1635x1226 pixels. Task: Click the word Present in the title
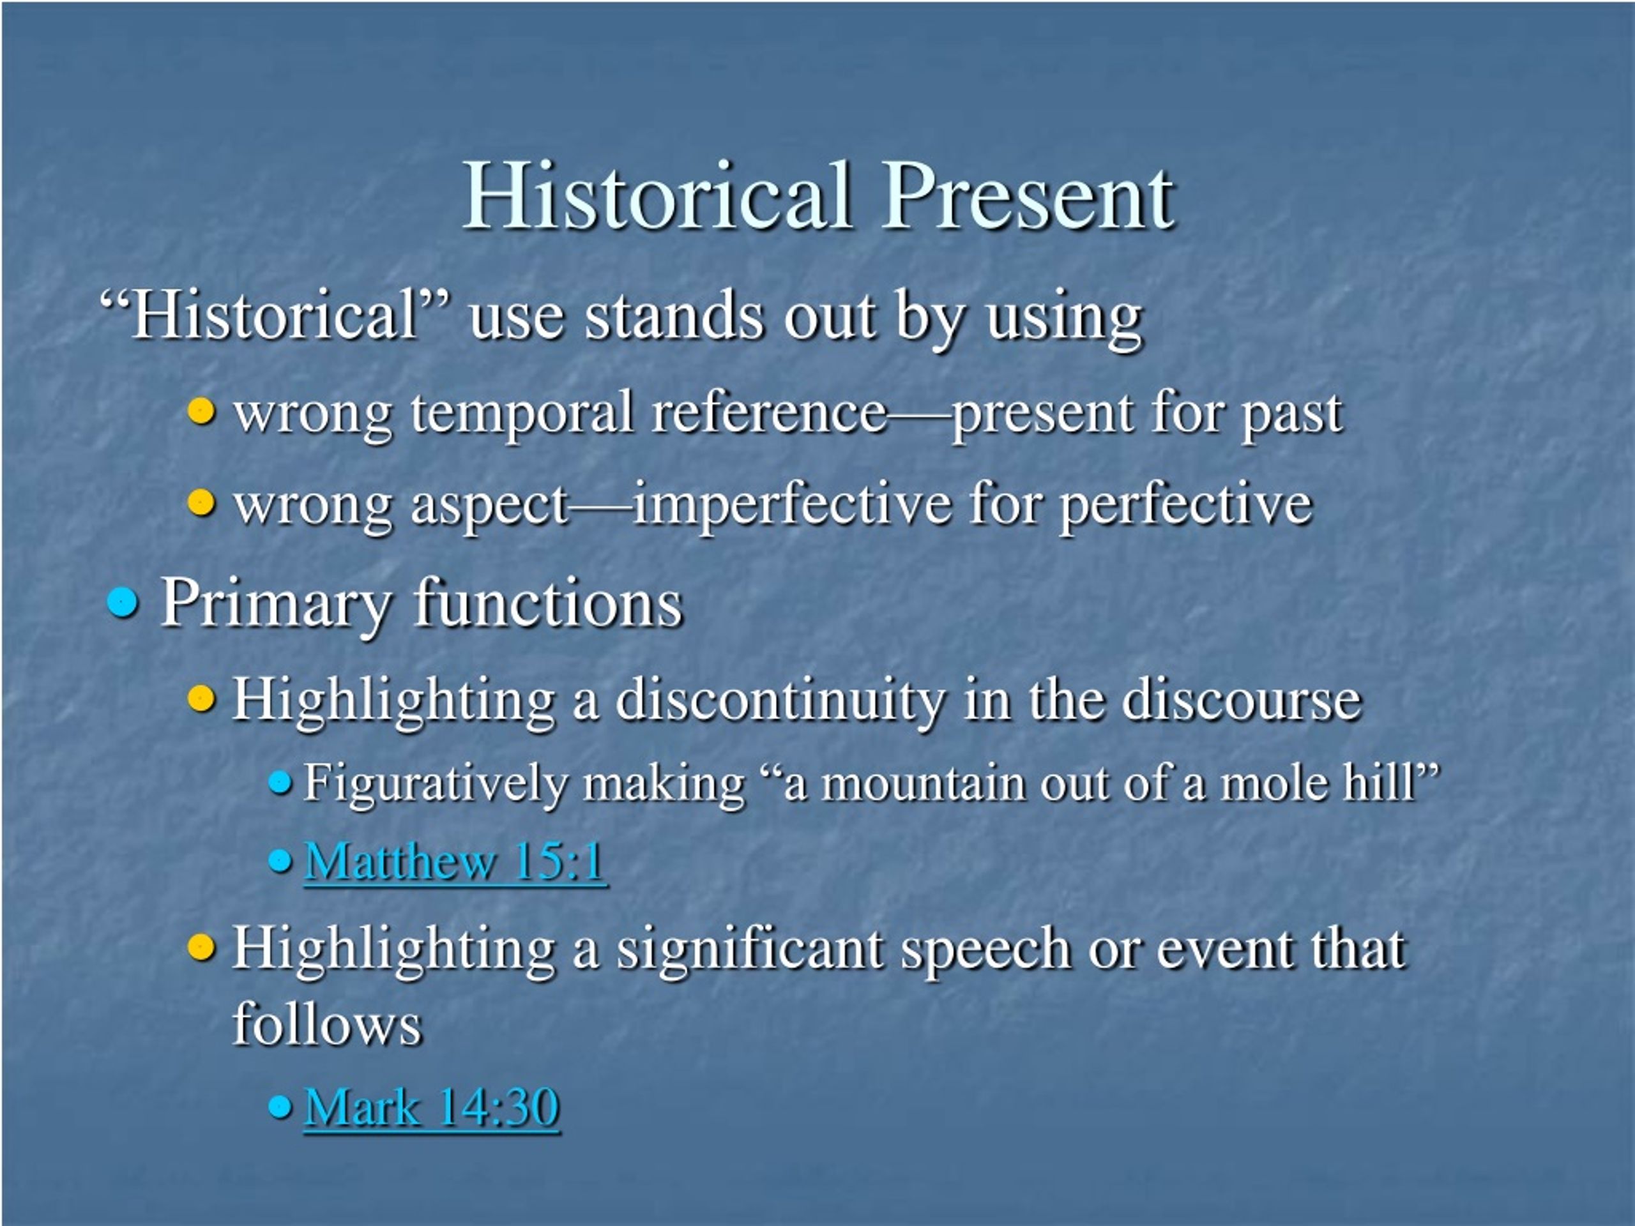point(1028,196)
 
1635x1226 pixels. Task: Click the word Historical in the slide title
point(657,196)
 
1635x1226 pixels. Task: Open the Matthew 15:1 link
point(455,861)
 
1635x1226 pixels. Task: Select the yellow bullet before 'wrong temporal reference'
point(201,410)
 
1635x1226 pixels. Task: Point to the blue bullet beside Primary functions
point(123,602)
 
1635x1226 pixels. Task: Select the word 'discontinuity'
point(780,699)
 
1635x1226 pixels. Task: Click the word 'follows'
point(327,1023)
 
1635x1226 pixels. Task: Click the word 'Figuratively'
point(436,784)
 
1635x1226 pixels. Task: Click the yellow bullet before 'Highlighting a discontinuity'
point(201,696)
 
